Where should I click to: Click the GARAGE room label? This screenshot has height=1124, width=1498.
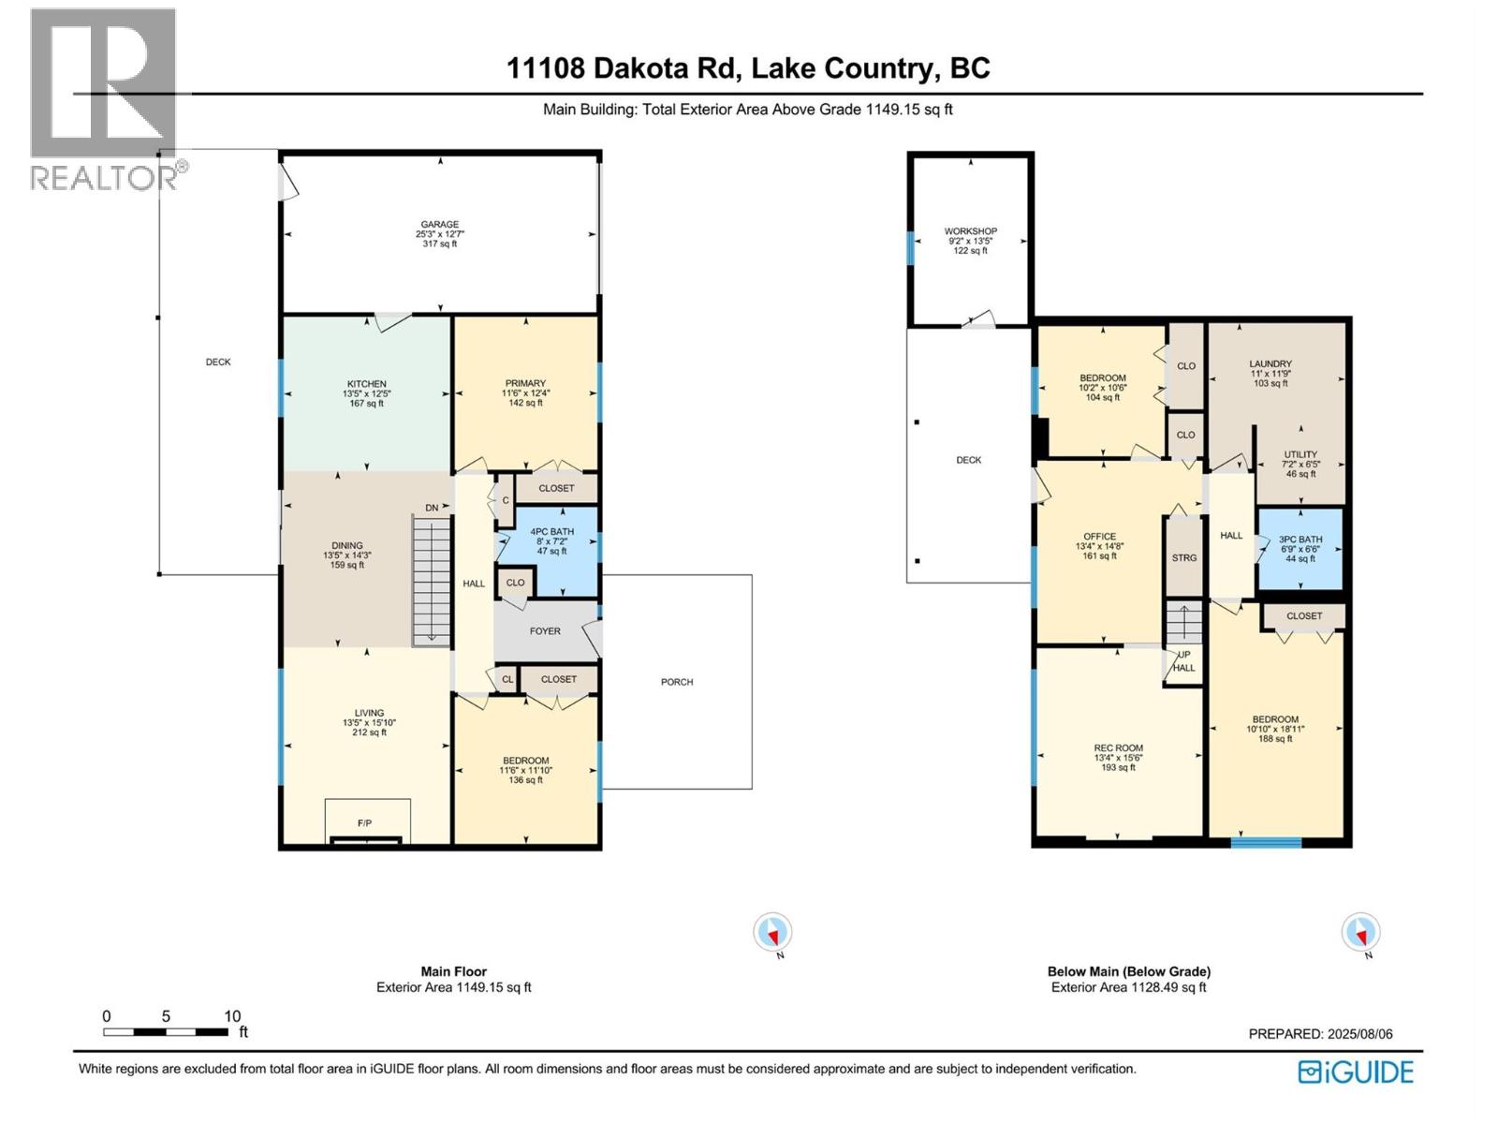(x=439, y=225)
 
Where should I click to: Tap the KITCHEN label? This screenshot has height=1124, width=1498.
(x=366, y=384)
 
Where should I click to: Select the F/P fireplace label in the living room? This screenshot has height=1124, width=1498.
(x=364, y=823)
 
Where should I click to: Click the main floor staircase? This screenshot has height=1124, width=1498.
(x=432, y=582)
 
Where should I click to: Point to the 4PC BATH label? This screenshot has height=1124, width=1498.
(x=552, y=532)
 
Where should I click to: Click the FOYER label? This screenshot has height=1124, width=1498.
(x=545, y=631)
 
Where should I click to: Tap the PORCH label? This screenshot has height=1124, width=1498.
(x=676, y=682)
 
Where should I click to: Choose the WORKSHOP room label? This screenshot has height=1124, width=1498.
(x=971, y=231)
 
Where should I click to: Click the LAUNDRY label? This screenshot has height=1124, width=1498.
(x=1270, y=364)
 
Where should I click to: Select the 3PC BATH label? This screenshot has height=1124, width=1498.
(x=1300, y=540)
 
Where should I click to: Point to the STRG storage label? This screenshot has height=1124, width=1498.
(x=1184, y=557)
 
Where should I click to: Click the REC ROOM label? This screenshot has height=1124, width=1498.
(x=1118, y=748)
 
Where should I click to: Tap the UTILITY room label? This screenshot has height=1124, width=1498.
(x=1300, y=454)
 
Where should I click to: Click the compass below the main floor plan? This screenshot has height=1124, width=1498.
(x=772, y=932)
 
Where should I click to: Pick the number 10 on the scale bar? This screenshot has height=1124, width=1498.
(x=232, y=1016)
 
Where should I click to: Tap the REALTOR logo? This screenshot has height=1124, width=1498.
(x=107, y=99)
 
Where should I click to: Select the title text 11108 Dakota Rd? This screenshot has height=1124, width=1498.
(x=622, y=68)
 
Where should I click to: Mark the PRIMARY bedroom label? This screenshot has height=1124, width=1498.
(x=525, y=383)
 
